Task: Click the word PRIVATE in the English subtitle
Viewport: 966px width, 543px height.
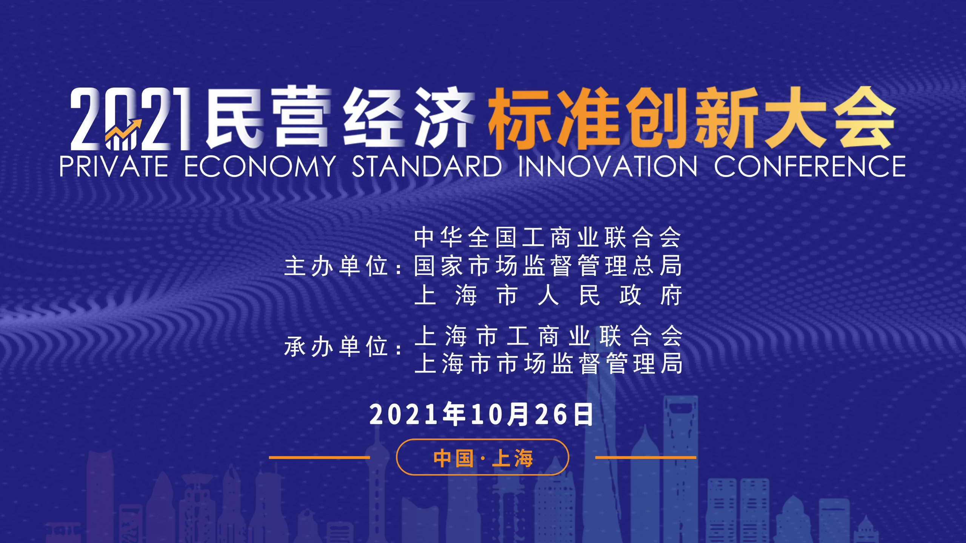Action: pyautogui.click(x=114, y=166)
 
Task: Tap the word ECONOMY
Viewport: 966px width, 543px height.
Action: pyautogui.click(x=260, y=166)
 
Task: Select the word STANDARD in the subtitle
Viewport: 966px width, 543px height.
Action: pyautogui.click(x=427, y=166)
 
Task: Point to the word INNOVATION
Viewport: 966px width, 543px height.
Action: pyautogui.click(x=608, y=166)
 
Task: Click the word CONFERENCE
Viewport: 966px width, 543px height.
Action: pyautogui.click(x=810, y=166)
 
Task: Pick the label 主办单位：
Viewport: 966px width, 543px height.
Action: pyautogui.click(x=343, y=266)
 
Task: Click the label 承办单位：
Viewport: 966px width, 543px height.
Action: pyautogui.click(x=343, y=346)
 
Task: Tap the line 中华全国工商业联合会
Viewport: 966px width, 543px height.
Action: pyautogui.click(x=548, y=238)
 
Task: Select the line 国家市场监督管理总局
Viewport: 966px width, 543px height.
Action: pyautogui.click(x=548, y=266)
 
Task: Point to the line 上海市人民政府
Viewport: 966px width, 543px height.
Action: pyautogui.click(x=548, y=295)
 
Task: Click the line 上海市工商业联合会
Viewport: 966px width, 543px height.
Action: pyautogui.click(x=549, y=336)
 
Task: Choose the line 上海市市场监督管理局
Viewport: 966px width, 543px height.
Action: pyautogui.click(x=549, y=364)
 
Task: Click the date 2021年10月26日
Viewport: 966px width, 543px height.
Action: pyautogui.click(x=481, y=414)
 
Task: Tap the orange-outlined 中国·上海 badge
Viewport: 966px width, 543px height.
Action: pyautogui.click(x=483, y=457)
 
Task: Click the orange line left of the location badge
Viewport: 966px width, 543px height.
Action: pyautogui.click(x=319, y=457)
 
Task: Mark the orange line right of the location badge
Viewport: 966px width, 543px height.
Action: pyautogui.click(x=646, y=457)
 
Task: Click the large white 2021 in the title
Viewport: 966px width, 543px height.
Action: pyautogui.click(x=131, y=119)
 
